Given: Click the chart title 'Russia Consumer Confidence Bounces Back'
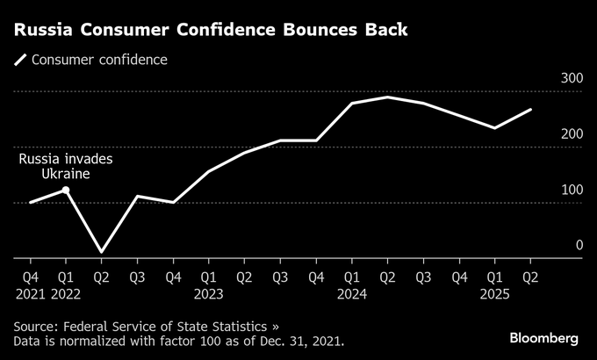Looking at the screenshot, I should pyautogui.click(x=211, y=30).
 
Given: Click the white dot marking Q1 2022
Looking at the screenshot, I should pyautogui.click(x=66, y=190).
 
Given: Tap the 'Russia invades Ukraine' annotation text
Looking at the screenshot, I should pyautogui.click(x=67, y=167).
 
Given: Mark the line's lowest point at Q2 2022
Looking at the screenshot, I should pyautogui.click(x=102, y=252).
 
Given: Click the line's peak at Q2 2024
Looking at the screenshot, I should pyautogui.click(x=387, y=97).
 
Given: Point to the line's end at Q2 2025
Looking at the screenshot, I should pyautogui.click(x=530, y=110).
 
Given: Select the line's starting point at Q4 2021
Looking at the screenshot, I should pyautogui.click(x=31, y=202).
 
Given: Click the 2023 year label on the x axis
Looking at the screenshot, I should pyautogui.click(x=209, y=293).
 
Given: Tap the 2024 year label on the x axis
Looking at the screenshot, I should pyautogui.click(x=352, y=293).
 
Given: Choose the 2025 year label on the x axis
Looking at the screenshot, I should pyautogui.click(x=495, y=293).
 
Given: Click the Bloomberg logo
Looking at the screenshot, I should pyautogui.click(x=544, y=338).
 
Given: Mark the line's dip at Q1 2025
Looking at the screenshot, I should pyautogui.click(x=494, y=128).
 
